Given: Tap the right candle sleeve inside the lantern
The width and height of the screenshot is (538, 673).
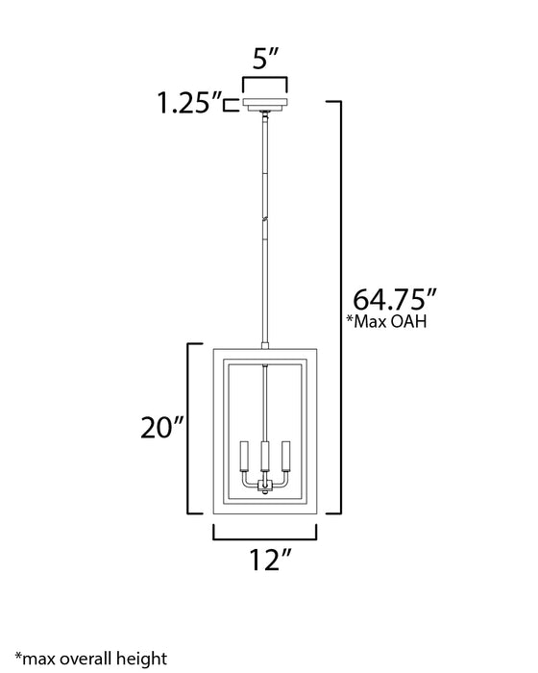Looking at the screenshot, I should [x=285, y=455].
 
